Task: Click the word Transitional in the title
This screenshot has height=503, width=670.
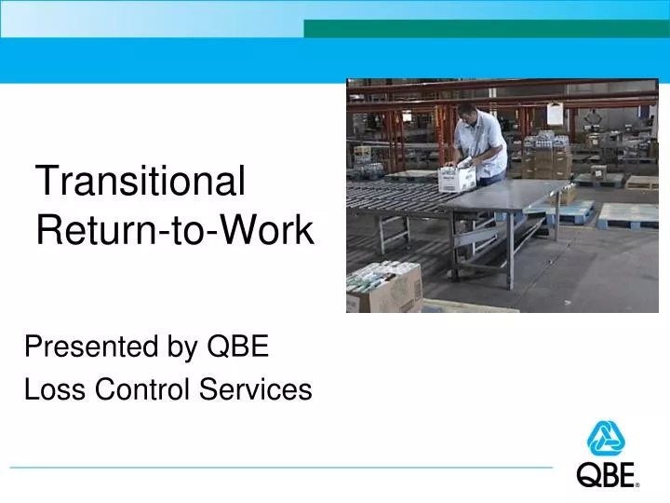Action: pos(140,181)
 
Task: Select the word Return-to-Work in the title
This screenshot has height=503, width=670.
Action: pos(175,231)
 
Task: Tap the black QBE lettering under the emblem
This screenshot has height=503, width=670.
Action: pos(608,475)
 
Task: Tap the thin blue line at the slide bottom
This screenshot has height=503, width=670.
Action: pos(279,467)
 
